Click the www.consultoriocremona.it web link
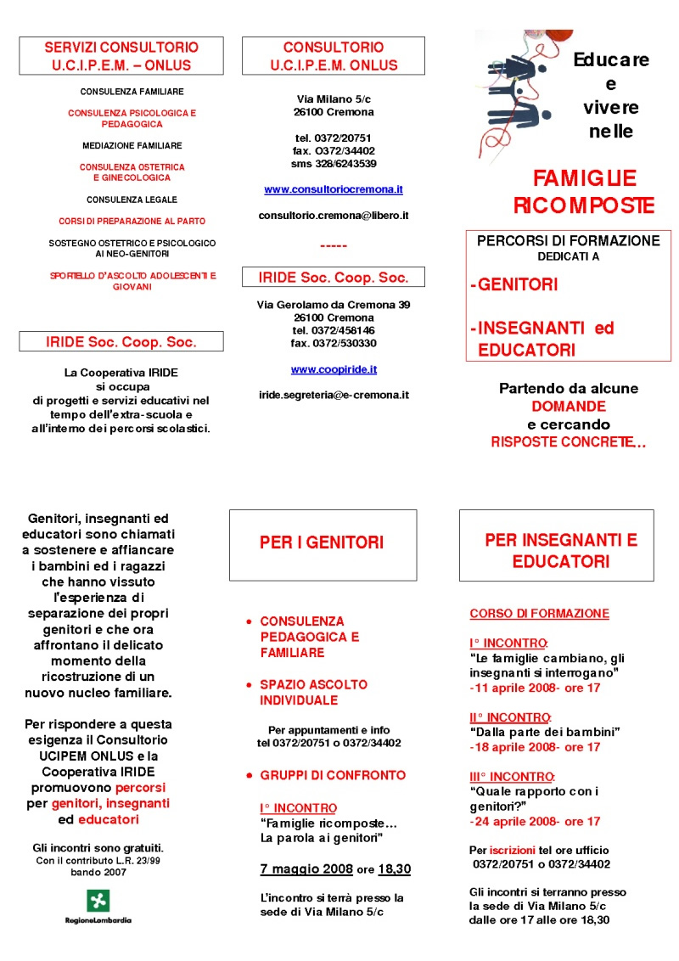(334, 189)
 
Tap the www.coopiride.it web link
(334, 369)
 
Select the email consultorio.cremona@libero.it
(334, 216)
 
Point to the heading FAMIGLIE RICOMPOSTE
(585, 192)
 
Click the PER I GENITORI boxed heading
(322, 542)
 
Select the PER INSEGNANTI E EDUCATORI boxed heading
(561, 550)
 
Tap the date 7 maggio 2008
(300, 869)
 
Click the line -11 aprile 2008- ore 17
(535, 688)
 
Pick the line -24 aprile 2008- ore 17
(535, 821)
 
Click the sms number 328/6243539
(334, 163)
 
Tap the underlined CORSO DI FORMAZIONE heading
(539, 613)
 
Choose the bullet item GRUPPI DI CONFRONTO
(333, 775)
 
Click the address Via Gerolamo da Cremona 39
(334, 305)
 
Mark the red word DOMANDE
(568, 407)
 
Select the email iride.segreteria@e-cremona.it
(334, 395)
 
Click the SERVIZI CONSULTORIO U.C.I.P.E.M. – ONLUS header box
(121, 56)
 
